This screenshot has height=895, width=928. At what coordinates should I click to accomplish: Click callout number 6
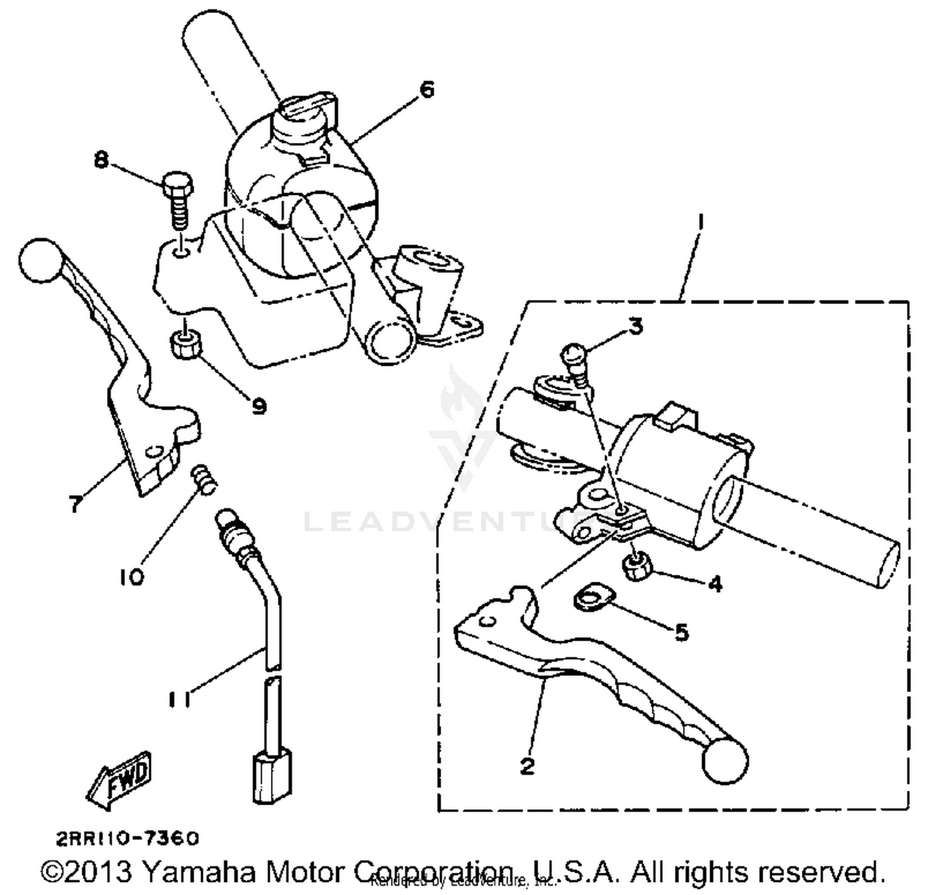tap(426, 90)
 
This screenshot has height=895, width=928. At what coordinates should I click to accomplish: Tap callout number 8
tap(101, 160)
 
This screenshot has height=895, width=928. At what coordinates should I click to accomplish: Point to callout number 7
tap(75, 503)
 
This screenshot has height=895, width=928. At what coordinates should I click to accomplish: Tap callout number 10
tap(132, 577)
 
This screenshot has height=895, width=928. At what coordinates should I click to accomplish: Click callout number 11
tap(178, 699)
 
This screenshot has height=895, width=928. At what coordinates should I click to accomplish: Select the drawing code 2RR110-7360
tap(128, 839)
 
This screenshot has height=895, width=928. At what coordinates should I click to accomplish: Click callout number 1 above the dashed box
tap(699, 223)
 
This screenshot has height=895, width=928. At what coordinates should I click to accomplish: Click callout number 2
tap(526, 766)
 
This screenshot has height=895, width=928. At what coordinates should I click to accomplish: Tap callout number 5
tap(681, 632)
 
